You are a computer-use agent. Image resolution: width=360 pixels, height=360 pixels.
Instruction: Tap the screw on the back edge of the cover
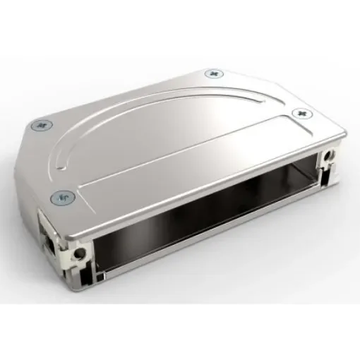click(x=212, y=73)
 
